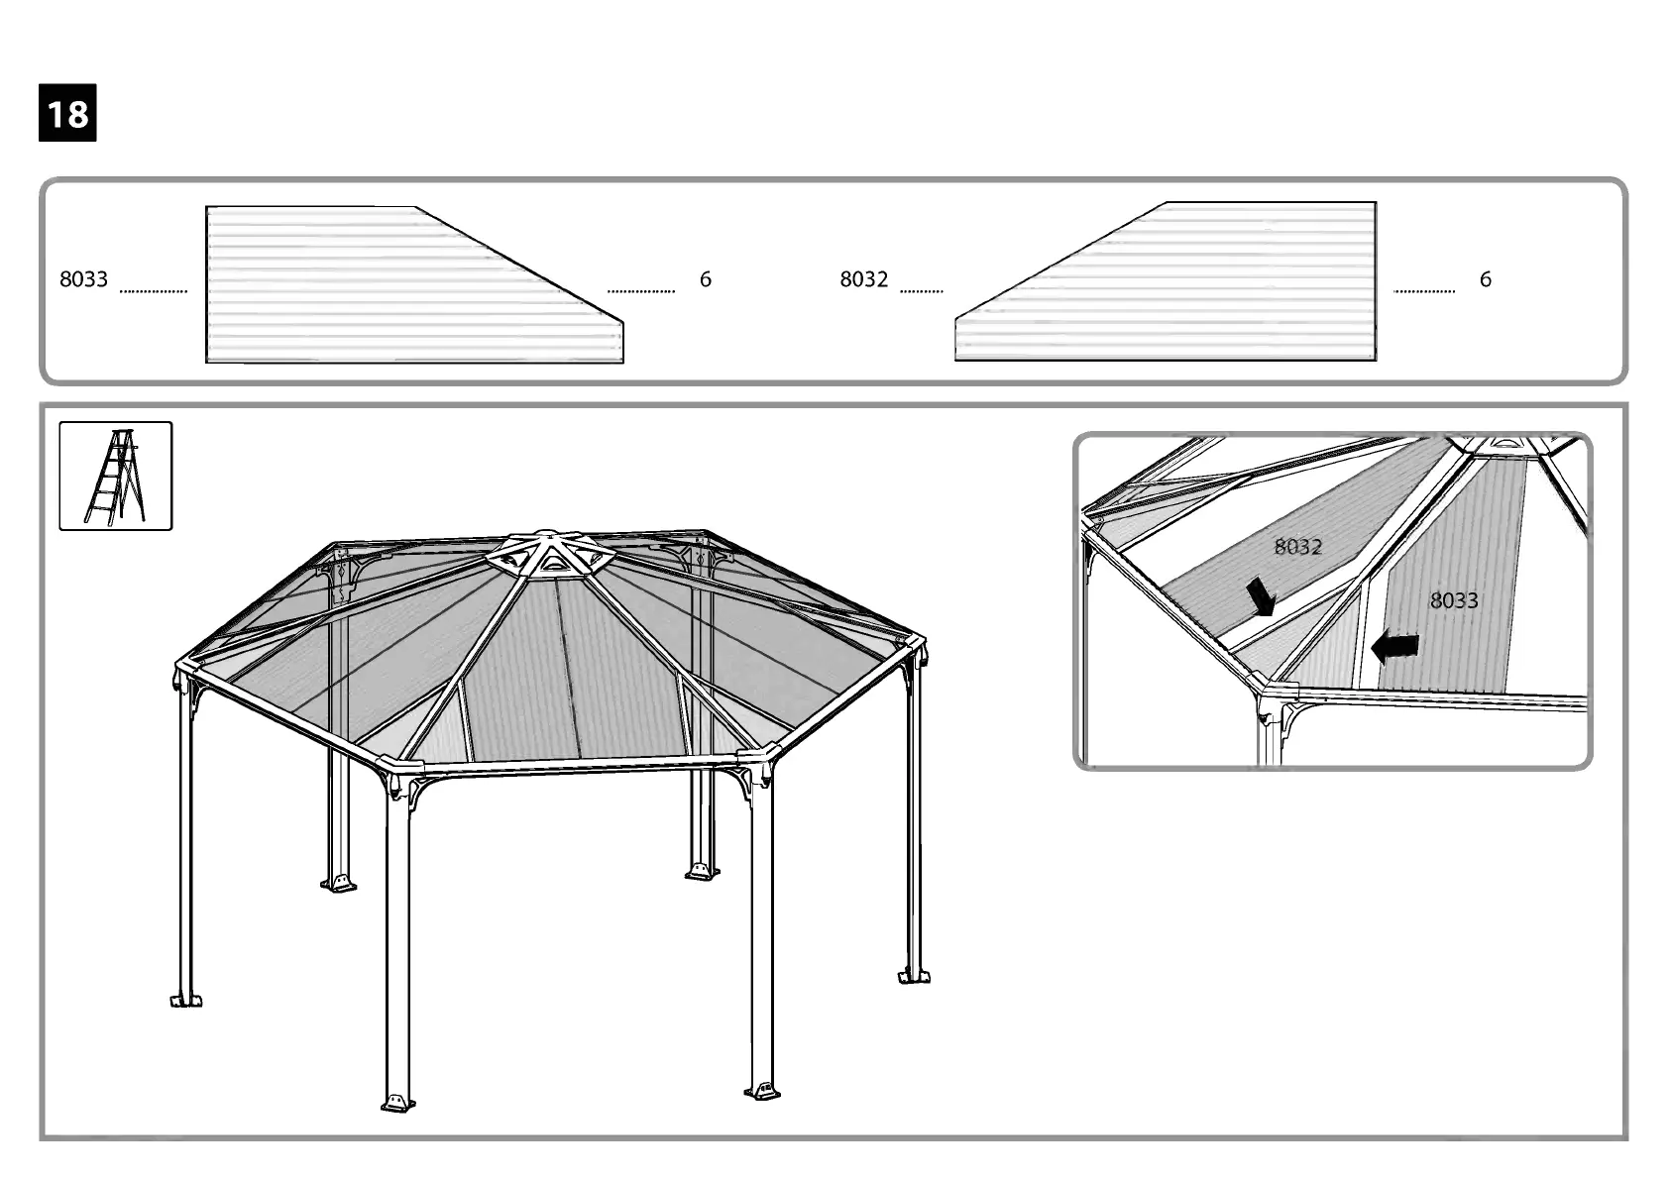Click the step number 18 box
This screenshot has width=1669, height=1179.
pos(67,113)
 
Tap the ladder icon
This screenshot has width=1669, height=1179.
pos(115,476)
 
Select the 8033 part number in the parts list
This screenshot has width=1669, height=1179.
pos(83,279)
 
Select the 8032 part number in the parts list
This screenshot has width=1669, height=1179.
pos(863,279)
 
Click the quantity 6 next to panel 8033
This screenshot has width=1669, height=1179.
pos(705,279)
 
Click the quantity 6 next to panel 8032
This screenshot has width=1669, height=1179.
pos(1485,279)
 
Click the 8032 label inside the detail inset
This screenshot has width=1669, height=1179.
pos(1297,547)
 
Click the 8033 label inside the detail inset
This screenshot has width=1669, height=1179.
pos(1453,599)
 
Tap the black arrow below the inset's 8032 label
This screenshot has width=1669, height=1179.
pos(1260,597)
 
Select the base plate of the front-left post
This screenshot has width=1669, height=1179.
pos(396,1102)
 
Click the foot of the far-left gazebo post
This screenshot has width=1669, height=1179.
pos(185,1000)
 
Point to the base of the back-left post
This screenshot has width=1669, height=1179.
pos(339,882)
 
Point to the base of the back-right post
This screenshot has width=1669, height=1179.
pos(702,872)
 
